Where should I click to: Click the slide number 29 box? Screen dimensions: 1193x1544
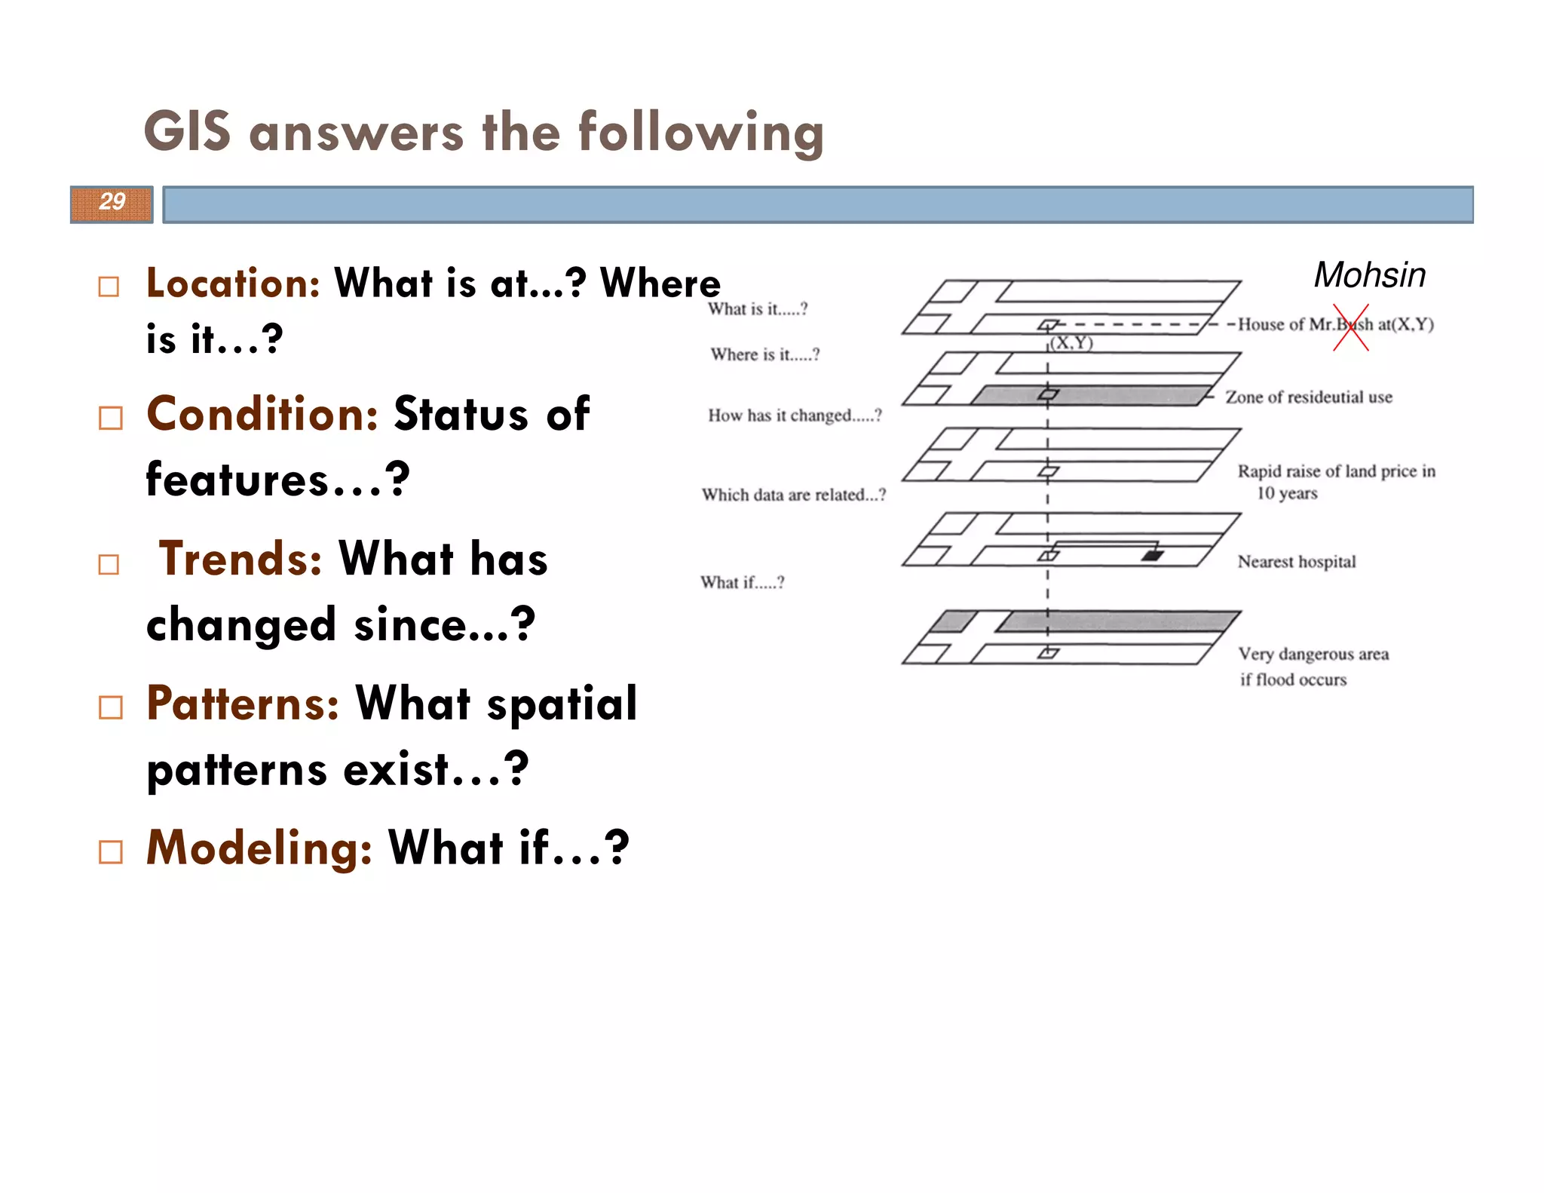112,204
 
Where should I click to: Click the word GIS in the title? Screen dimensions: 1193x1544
187,132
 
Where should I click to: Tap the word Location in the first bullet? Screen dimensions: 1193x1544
233,284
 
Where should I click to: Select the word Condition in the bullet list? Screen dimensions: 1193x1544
262,414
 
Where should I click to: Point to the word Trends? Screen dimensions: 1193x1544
240,559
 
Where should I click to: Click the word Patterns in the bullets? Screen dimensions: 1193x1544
242,703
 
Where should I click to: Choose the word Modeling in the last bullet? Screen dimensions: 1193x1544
259,848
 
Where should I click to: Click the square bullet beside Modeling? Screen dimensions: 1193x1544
110,852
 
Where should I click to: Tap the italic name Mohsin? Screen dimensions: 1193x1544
1369,275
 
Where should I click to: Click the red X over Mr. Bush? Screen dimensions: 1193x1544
1350,327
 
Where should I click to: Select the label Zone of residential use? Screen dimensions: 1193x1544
1308,397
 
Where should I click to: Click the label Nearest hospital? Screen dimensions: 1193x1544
1296,562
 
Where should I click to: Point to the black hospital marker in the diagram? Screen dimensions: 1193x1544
1152,556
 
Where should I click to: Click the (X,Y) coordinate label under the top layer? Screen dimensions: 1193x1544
1071,343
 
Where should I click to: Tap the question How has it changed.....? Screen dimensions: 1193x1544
794,416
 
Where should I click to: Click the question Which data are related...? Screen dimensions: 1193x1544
793,495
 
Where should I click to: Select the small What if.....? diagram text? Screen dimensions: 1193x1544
742,582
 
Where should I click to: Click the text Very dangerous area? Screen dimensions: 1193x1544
1313,654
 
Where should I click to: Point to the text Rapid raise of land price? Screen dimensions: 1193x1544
1335,471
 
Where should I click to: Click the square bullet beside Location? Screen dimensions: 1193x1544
109,287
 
